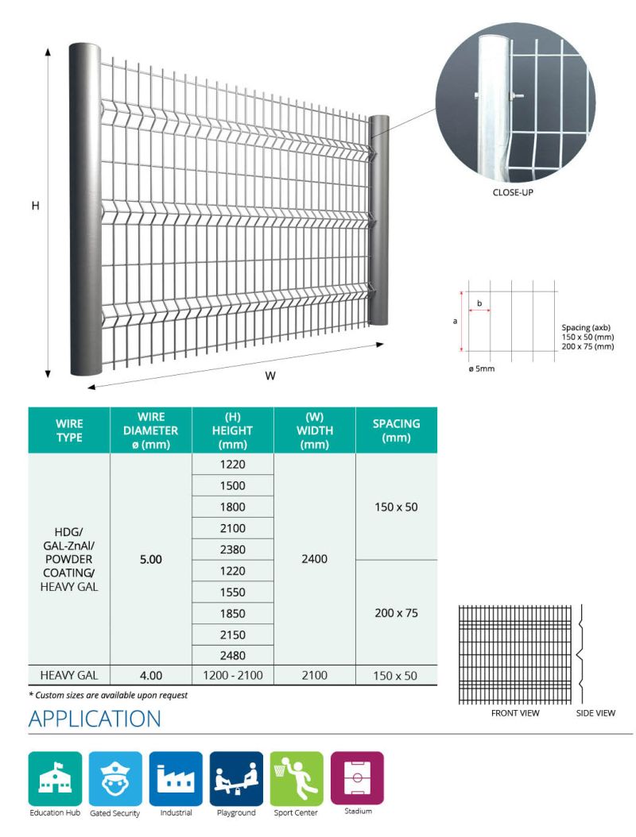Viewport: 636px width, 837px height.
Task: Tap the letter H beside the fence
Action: pyautogui.click(x=36, y=206)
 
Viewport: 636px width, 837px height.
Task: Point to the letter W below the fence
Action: pyautogui.click(x=270, y=376)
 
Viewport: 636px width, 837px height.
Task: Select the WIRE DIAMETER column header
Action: pyautogui.click(x=151, y=430)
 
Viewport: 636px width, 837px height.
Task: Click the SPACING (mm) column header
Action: pyautogui.click(x=396, y=430)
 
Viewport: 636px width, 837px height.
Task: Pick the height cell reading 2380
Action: pyautogui.click(x=233, y=550)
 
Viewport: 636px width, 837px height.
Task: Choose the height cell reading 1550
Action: pyautogui.click(x=233, y=592)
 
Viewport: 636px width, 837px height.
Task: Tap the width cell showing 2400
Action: pyautogui.click(x=315, y=559)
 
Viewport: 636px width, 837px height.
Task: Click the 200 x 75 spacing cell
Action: pyautogui.click(x=396, y=613)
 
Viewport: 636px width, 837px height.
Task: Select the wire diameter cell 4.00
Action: pyautogui.click(x=151, y=676)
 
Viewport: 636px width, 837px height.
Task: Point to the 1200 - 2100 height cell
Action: pyautogui.click(x=233, y=676)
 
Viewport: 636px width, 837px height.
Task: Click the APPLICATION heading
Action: pyautogui.click(x=95, y=719)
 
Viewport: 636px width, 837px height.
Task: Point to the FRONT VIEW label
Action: pyautogui.click(x=515, y=713)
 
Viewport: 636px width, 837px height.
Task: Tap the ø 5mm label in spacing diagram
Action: pyautogui.click(x=482, y=369)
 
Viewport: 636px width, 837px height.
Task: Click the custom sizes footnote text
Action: pyautogui.click(x=108, y=695)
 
